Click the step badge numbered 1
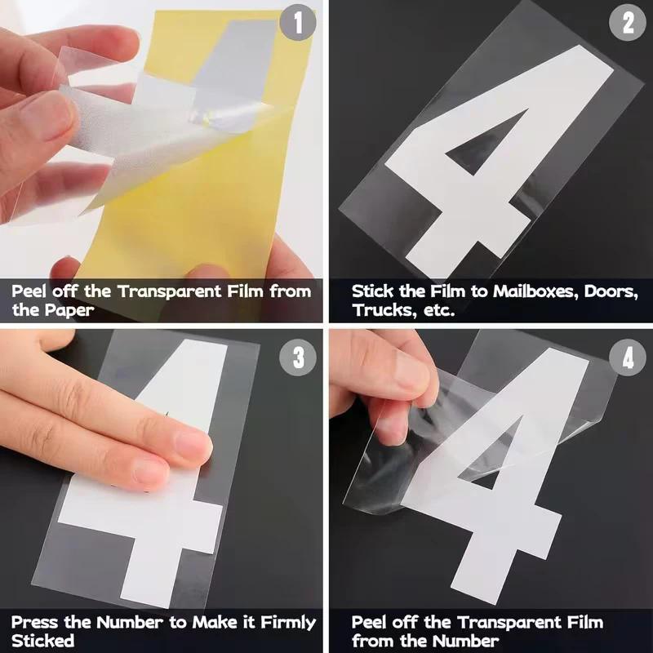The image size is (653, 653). [x=297, y=23]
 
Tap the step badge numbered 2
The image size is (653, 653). [x=627, y=23]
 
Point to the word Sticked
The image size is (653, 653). [x=42, y=642]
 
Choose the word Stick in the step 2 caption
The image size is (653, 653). [x=372, y=291]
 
